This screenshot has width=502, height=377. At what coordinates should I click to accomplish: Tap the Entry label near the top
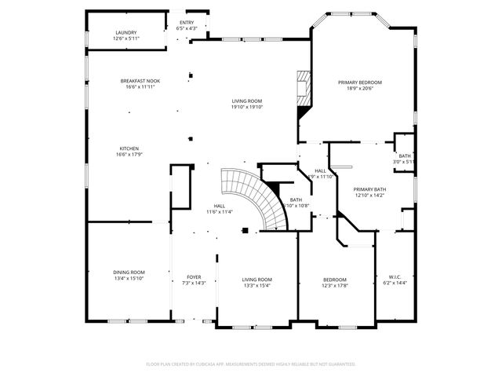tap(187, 23)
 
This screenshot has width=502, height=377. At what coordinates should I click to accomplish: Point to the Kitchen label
tap(129, 148)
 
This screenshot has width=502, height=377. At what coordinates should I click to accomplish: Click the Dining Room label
tap(129, 272)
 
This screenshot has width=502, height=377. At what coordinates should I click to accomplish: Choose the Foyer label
tap(193, 276)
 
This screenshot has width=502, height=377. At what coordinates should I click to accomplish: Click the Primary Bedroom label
tap(360, 82)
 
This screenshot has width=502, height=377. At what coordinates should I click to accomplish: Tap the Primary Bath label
tap(369, 189)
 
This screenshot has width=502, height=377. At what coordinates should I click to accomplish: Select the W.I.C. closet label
tap(395, 276)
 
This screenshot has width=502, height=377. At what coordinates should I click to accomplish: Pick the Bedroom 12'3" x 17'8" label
tap(336, 280)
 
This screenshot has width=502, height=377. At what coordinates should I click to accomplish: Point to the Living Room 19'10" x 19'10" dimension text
tap(246, 108)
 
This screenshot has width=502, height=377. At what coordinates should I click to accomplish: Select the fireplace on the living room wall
tap(303, 88)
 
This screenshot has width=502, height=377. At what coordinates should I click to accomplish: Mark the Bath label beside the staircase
tap(296, 200)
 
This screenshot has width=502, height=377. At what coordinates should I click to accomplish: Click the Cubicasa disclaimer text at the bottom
tap(251, 364)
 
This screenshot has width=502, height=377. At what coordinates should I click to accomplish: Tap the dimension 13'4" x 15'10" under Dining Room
tap(129, 278)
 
